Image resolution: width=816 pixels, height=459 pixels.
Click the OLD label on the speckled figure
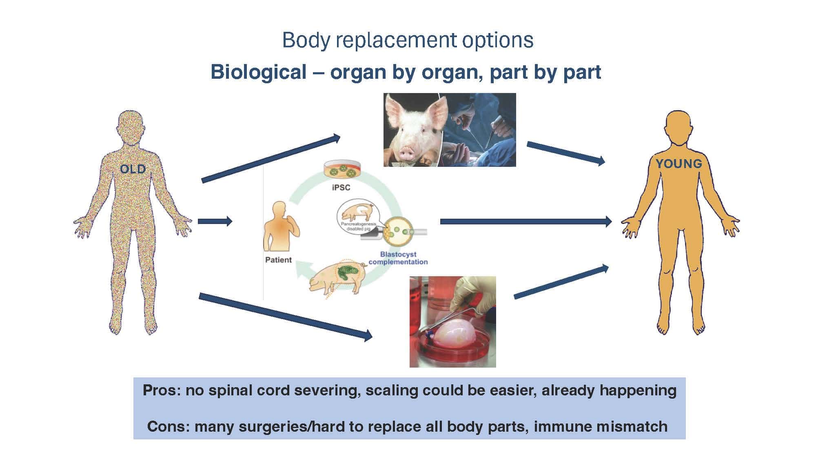(133, 169)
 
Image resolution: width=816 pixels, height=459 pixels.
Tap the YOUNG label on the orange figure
(679, 164)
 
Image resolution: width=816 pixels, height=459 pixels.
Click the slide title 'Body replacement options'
(408, 40)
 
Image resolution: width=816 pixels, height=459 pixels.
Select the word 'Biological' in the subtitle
(258, 72)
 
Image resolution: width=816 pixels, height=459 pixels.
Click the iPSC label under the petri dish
(341, 187)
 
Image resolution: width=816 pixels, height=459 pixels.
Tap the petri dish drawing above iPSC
(342, 170)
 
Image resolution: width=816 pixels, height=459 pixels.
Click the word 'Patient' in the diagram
(278, 260)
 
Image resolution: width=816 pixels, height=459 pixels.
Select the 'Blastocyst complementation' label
(398, 258)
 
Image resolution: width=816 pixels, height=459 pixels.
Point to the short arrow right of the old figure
(215, 222)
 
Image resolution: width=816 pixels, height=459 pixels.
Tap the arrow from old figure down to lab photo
(285, 316)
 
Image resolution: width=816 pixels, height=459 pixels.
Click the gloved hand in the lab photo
(473, 294)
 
